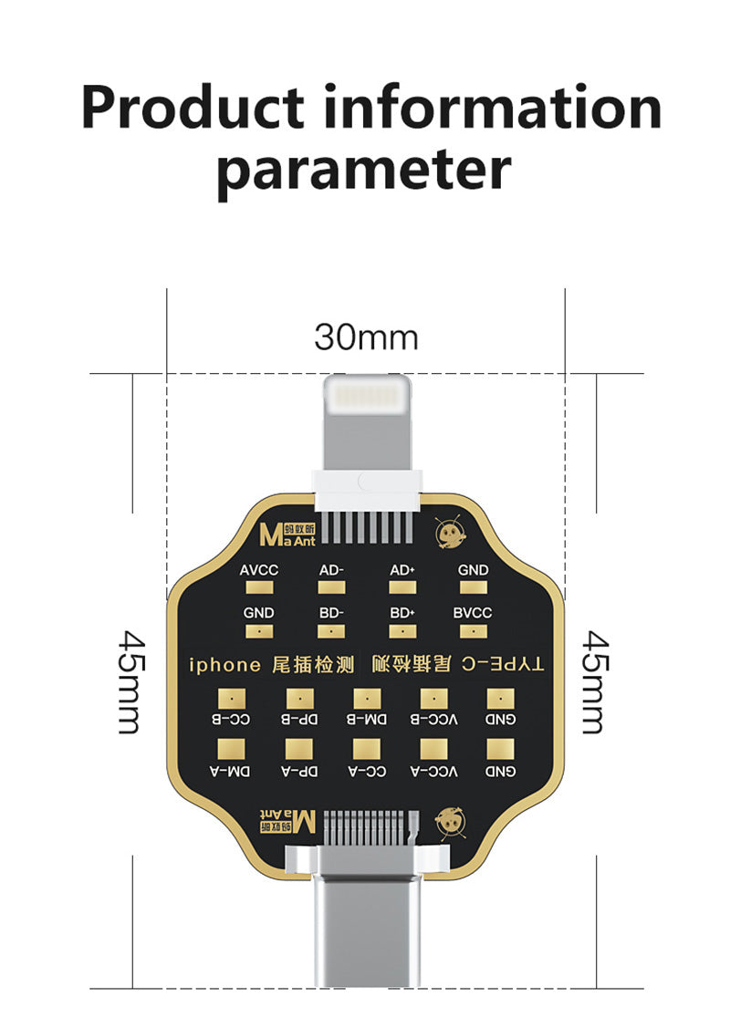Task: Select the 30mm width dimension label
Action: (366, 337)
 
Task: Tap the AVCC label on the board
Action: (259, 570)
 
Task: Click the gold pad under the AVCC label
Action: (259, 588)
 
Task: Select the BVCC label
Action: (473, 612)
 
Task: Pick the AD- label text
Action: (331, 570)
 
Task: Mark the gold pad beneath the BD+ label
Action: (402, 630)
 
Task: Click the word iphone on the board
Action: (224, 665)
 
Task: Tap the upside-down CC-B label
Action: (231, 720)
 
